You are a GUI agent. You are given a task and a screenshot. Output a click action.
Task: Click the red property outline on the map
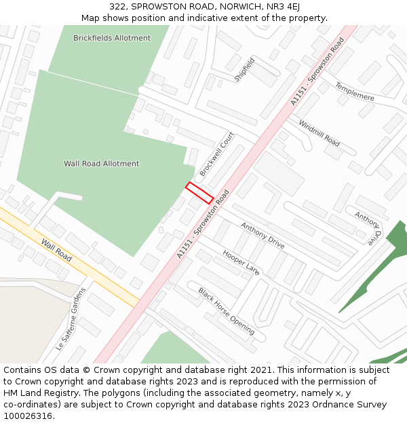tap(199, 192)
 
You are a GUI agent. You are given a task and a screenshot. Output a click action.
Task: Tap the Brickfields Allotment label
tap(112, 39)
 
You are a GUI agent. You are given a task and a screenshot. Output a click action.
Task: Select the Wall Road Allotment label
tap(101, 164)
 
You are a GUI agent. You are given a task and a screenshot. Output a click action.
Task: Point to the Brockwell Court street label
tap(216, 154)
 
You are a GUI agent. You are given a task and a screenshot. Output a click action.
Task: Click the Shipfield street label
tap(244, 70)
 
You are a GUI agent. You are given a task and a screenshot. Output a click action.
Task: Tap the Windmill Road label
tap(319, 133)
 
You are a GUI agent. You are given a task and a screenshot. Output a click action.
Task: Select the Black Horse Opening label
tap(227, 311)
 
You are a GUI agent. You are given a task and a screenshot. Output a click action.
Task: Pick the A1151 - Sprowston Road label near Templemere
tap(317, 71)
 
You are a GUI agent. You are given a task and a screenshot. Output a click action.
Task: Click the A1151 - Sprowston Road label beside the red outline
tap(203, 224)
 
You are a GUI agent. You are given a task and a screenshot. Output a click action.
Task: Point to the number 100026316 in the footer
tap(26, 416)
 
